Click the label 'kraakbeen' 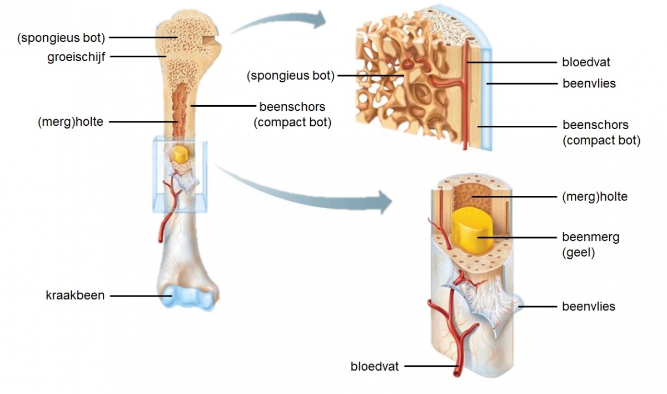pos(75,295)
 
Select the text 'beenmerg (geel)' pos(590,245)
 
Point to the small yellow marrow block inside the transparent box pos(179,154)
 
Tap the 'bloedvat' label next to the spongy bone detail pos(586,62)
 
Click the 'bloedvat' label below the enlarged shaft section pos(375,367)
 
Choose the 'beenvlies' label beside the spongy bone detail pos(589,84)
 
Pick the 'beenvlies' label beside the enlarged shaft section pos(589,306)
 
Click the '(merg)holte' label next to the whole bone pos(71,121)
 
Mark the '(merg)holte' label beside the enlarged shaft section pos(595,196)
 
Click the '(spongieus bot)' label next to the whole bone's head pos(61,37)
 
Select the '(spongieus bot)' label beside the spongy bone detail pos(291,75)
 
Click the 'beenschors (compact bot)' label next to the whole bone pos(292,114)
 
